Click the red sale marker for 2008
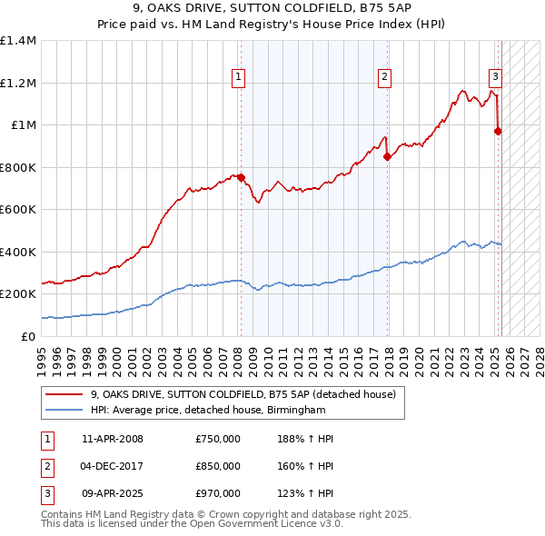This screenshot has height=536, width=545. click(241, 178)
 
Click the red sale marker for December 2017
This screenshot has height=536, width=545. click(387, 156)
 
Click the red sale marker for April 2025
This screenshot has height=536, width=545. click(498, 131)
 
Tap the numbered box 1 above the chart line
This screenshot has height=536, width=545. click(238, 77)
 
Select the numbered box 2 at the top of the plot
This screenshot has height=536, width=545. click(385, 77)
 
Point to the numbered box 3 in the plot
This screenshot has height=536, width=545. click(496, 77)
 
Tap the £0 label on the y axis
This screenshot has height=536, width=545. click(27, 336)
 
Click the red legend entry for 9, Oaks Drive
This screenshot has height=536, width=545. click(243, 395)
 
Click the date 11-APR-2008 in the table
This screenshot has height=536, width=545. click(113, 440)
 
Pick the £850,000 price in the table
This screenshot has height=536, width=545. click(218, 466)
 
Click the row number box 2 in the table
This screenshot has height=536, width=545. click(46, 466)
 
